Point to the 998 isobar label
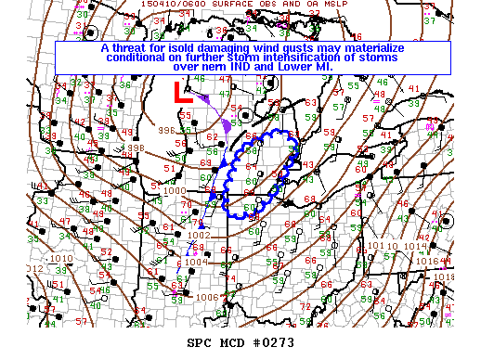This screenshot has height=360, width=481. pos(136,148)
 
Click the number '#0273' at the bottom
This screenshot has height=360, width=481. pos(269,343)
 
